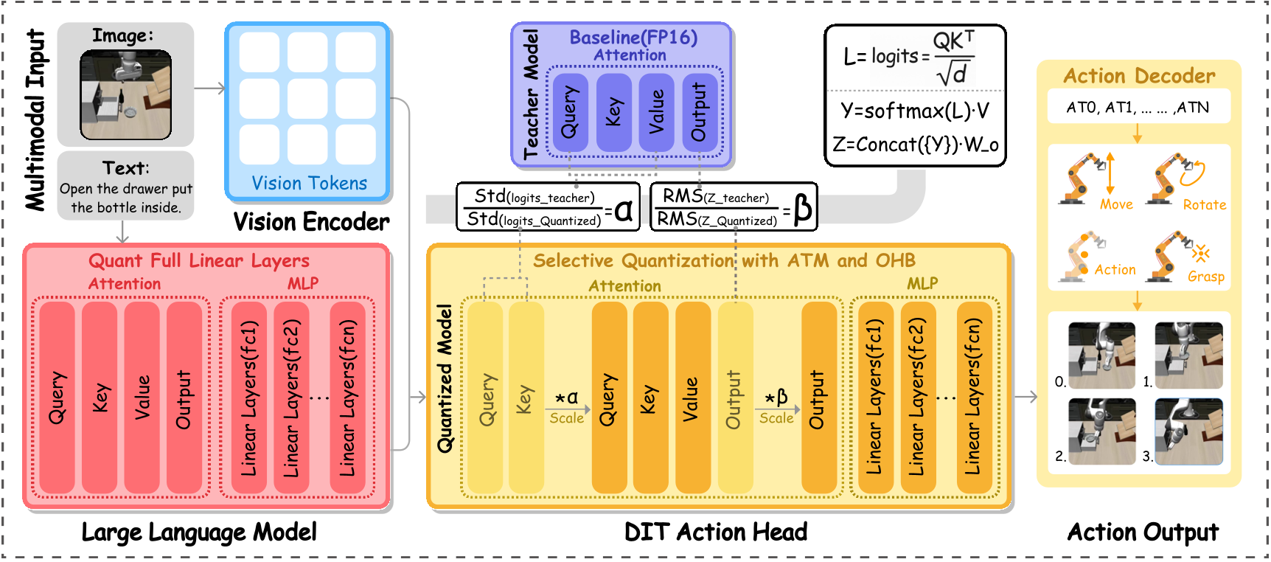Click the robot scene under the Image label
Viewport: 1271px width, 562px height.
[x=125, y=94]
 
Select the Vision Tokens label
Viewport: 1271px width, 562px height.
[x=309, y=183]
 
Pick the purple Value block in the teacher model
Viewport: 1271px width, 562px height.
[x=656, y=112]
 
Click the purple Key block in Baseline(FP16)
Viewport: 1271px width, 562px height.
[x=613, y=112]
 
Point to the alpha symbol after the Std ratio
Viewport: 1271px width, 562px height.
[x=624, y=210]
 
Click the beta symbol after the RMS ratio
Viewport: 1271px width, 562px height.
[x=803, y=209]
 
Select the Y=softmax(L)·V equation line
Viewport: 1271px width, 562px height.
[x=915, y=111]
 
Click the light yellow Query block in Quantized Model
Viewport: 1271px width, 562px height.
[x=486, y=398]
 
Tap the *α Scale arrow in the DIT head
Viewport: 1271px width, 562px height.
[x=568, y=408]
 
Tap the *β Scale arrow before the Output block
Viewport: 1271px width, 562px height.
[x=777, y=408]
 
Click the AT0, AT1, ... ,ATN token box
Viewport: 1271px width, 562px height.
[x=1138, y=108]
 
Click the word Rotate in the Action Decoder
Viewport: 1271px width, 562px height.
[x=1204, y=205]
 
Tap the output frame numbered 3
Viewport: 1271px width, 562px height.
[x=1188, y=431]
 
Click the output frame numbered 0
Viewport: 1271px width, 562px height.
[x=1101, y=355]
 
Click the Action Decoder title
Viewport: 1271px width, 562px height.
[x=1138, y=76]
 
